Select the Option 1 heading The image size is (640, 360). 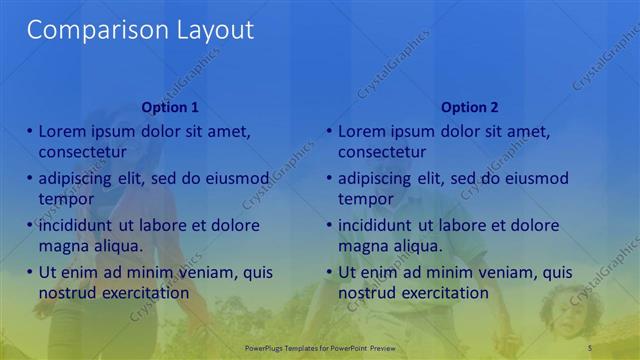[170, 107]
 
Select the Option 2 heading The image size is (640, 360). [469, 107]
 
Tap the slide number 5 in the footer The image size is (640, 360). [590, 346]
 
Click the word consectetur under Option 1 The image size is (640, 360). [82, 152]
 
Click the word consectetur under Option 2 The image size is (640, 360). [382, 152]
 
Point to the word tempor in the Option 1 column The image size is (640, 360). [65, 199]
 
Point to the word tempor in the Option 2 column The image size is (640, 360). [365, 199]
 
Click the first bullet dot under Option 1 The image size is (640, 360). [30, 131]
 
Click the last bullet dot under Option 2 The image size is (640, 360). [330, 272]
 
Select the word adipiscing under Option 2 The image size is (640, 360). [375, 179]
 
